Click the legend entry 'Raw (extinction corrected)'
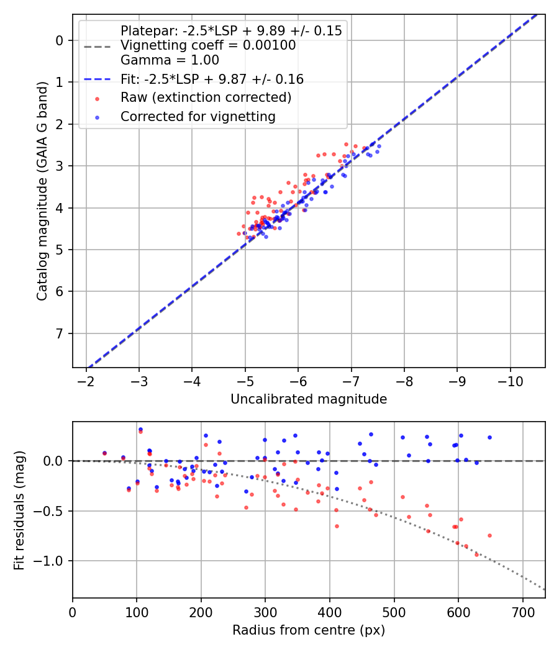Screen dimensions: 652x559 206,97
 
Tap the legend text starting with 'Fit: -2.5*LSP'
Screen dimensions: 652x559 212,79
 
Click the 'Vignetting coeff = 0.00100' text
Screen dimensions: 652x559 208,45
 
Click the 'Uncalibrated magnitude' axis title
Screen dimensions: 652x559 309,399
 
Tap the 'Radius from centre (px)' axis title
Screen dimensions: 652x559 309,630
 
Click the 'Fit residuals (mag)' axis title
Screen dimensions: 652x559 19,510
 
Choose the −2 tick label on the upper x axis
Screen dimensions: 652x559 86,379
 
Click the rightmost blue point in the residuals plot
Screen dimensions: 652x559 489,437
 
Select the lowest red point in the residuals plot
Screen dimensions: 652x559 477,554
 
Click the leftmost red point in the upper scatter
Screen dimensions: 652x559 239,233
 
